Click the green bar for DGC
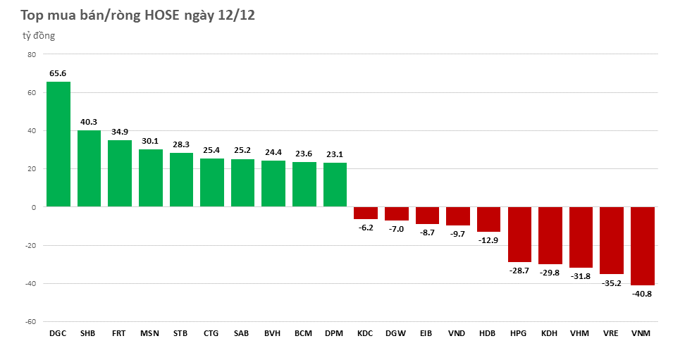tap(58, 144)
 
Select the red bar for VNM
tap(643, 246)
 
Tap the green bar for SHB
tap(89, 168)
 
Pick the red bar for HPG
tap(519, 235)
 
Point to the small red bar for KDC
tap(365, 213)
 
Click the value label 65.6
tap(58, 73)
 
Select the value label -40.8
tap(643, 294)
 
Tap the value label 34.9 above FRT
tap(119, 132)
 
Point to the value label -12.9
tap(488, 240)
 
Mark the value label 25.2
tap(242, 150)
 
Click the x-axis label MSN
tap(149, 333)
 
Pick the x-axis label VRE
tap(611, 333)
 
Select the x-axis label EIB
tap(426, 333)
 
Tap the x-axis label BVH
tap(273, 333)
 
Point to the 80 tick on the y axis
tap(31, 54)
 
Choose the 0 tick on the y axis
tap(33, 207)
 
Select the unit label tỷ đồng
tap(38, 36)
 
